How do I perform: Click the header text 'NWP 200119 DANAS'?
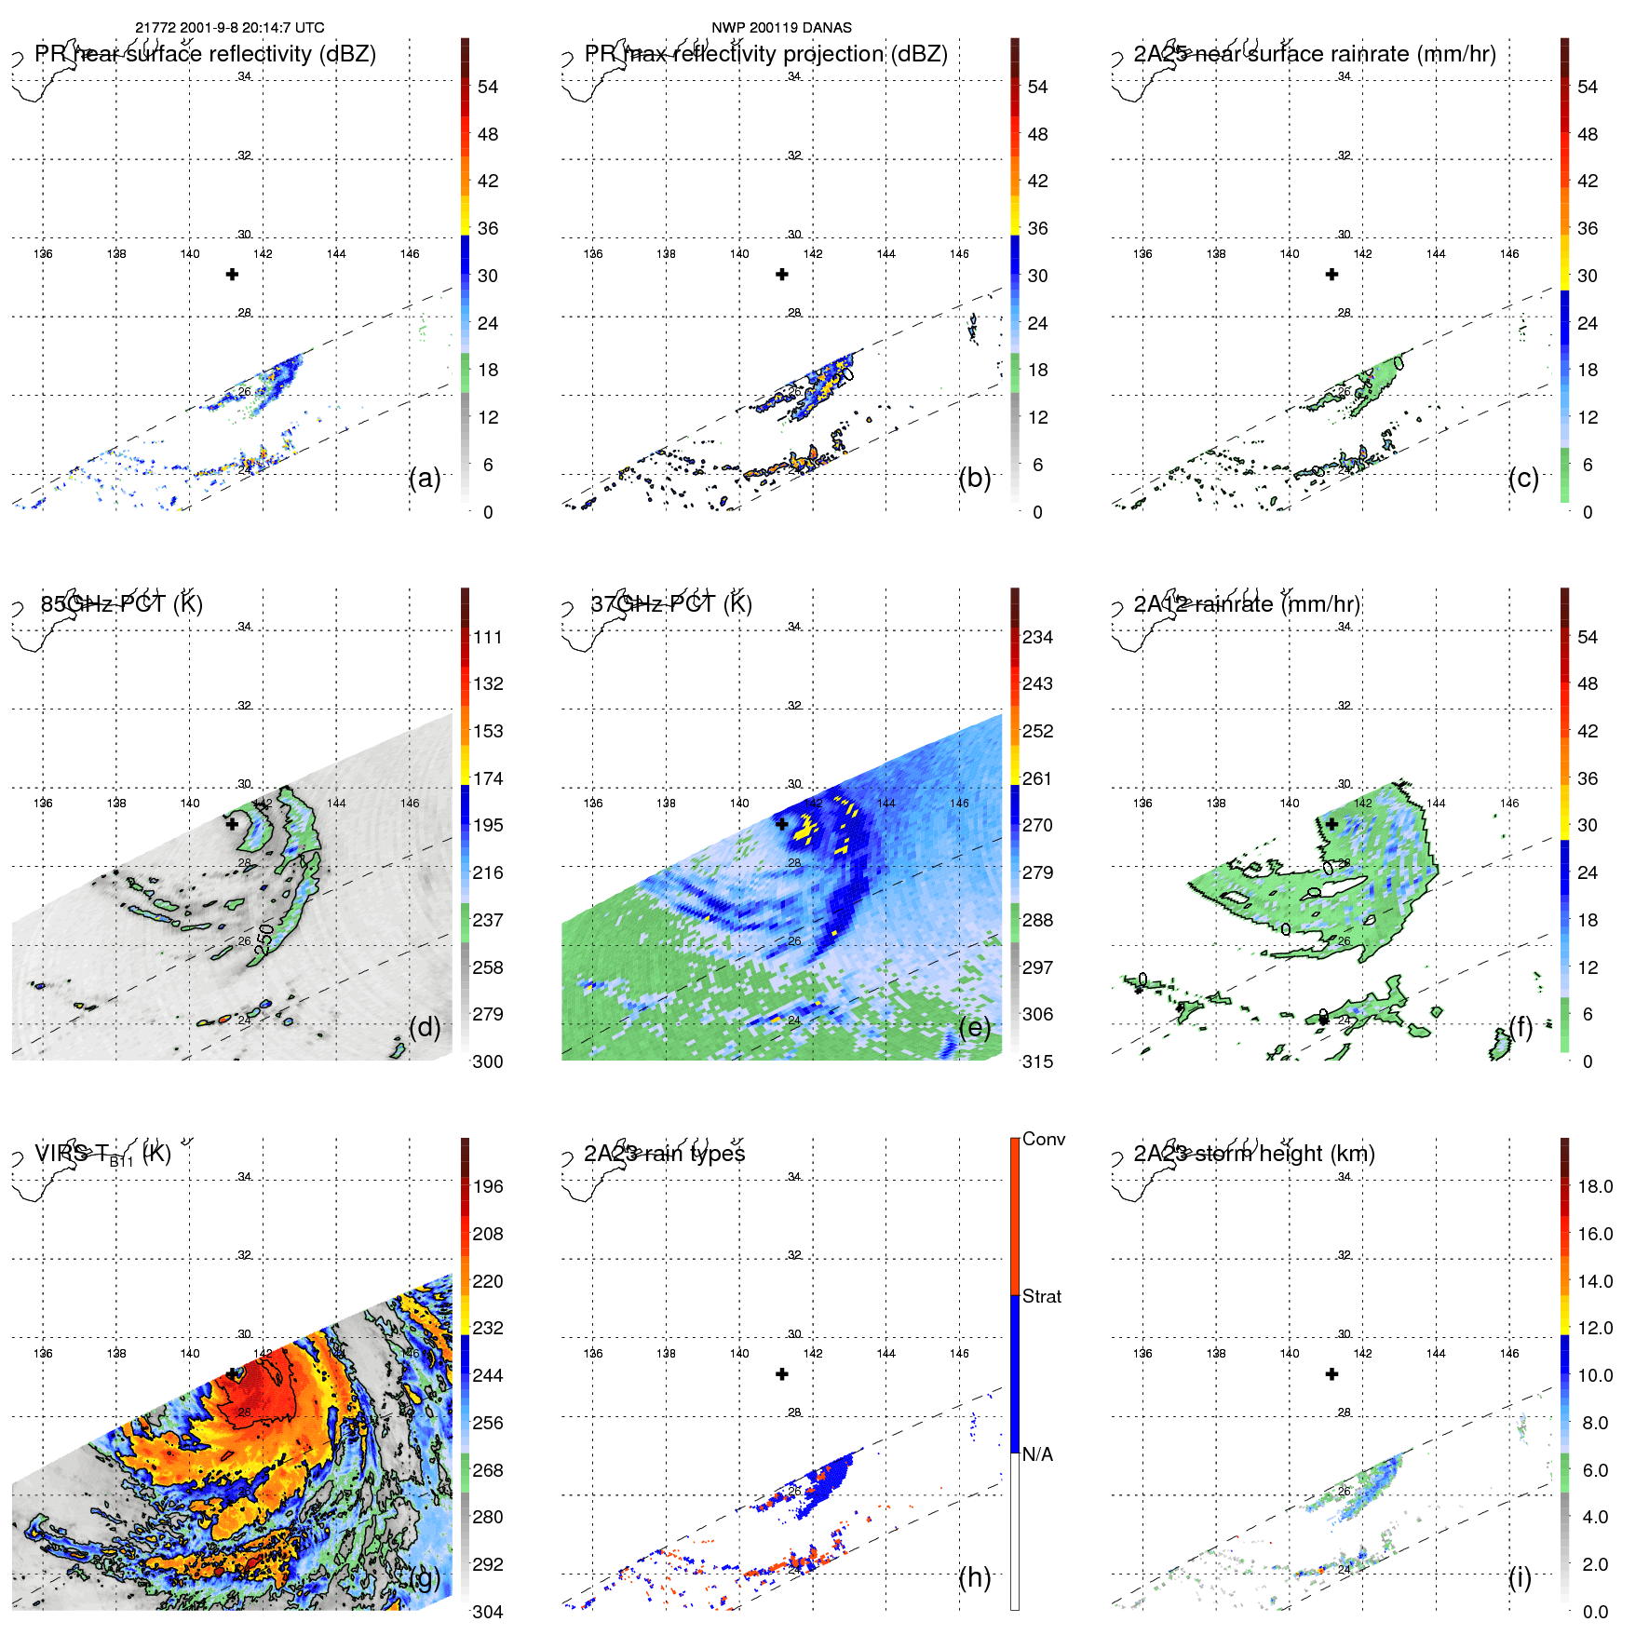(781, 28)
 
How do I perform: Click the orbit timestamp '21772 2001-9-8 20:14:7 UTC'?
(230, 28)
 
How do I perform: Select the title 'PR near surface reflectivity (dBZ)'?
(205, 54)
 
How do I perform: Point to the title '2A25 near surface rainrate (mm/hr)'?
(1315, 54)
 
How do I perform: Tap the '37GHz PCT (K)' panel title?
(671, 604)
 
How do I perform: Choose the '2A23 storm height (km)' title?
(1254, 1154)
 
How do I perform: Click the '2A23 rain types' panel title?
(665, 1154)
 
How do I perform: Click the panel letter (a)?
(425, 478)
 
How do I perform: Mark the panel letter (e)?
(975, 1027)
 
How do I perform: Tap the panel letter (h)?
(975, 1576)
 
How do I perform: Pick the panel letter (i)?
(1520, 1576)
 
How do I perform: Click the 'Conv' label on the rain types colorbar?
(1044, 1139)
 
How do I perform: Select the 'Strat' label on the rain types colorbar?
(1042, 1296)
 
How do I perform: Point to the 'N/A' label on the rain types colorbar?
(1037, 1454)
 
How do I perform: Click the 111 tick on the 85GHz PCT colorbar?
(488, 637)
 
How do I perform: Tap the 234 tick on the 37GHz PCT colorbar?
(1037, 637)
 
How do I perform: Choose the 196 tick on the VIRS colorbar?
(488, 1186)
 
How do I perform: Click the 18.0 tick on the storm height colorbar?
(1595, 1186)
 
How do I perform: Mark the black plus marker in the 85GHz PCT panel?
(232, 824)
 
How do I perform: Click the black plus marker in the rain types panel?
(782, 1374)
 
